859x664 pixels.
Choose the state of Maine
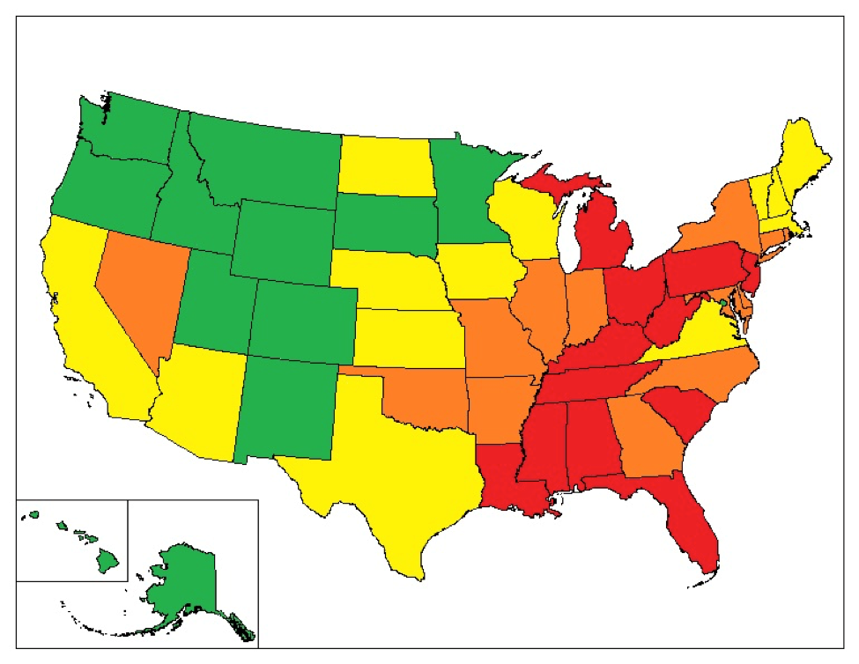(x=802, y=163)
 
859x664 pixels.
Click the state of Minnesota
(x=467, y=194)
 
